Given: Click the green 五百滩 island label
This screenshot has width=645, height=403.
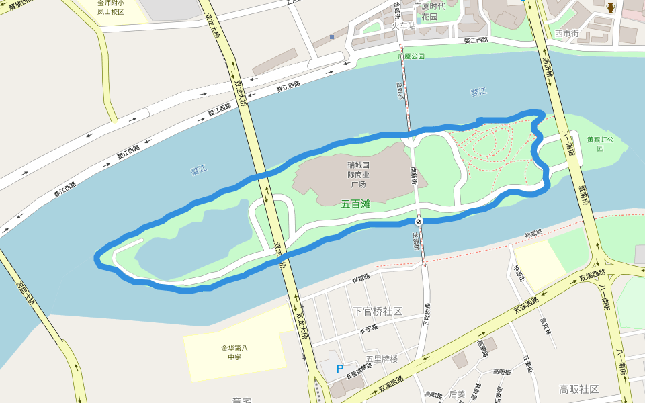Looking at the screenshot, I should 356,204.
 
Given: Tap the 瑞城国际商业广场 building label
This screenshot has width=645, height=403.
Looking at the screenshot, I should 358,175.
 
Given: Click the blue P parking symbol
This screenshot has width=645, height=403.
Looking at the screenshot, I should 339,369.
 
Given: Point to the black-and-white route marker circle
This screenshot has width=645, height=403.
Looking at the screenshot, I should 419,222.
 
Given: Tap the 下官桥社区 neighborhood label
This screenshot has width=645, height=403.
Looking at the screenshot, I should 377,311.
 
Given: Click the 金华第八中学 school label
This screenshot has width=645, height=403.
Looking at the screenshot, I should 234,352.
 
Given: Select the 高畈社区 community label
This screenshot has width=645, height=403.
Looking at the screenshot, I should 578,389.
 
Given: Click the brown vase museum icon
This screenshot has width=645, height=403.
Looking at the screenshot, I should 611,8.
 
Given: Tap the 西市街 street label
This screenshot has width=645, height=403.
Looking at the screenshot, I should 566,33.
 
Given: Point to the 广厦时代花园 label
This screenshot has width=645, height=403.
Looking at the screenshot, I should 430,11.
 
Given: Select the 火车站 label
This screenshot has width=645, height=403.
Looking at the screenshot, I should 404,26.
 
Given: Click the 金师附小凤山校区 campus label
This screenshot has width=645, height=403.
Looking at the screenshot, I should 111,7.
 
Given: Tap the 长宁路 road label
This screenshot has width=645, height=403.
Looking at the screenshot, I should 369,328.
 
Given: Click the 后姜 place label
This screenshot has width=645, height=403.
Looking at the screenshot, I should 457,394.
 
